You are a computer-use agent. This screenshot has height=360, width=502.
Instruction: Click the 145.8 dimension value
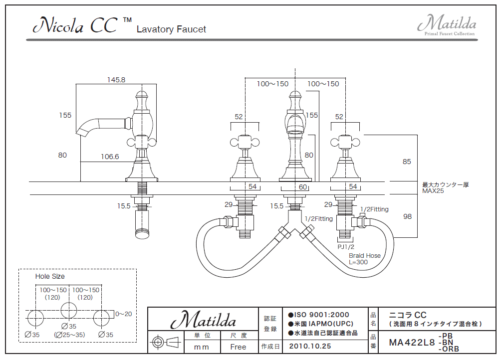point(116,80)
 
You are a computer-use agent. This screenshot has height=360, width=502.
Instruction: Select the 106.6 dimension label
point(110,157)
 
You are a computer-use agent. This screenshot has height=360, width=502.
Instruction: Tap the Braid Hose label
point(364,256)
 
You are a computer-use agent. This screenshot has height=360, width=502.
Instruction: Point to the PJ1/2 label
point(346,247)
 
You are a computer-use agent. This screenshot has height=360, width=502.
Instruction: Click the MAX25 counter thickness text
point(433,191)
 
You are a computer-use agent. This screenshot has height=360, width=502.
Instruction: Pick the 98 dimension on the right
point(407,216)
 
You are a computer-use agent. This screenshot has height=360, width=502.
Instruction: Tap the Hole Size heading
point(50,276)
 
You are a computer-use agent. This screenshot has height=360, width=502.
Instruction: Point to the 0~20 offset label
point(123,314)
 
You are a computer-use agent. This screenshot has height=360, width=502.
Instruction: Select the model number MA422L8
point(412,343)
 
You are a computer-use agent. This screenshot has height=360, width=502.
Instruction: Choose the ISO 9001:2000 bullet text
point(319,315)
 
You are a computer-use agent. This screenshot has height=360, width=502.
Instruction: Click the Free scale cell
point(238,347)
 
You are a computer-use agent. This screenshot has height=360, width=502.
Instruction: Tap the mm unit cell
point(201,347)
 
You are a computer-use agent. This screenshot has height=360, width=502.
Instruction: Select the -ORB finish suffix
point(448,349)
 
